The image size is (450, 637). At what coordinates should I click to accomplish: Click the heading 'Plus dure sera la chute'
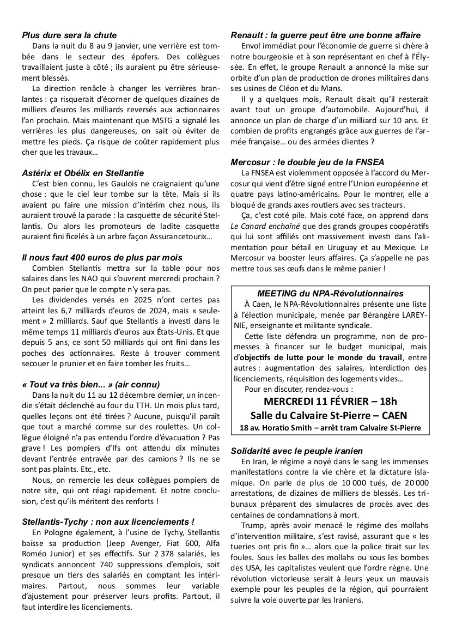coord(69,35)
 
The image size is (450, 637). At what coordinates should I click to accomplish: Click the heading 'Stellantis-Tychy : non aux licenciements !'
coord(108,521)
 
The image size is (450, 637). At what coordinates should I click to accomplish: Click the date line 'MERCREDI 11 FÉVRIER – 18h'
coord(330,402)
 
